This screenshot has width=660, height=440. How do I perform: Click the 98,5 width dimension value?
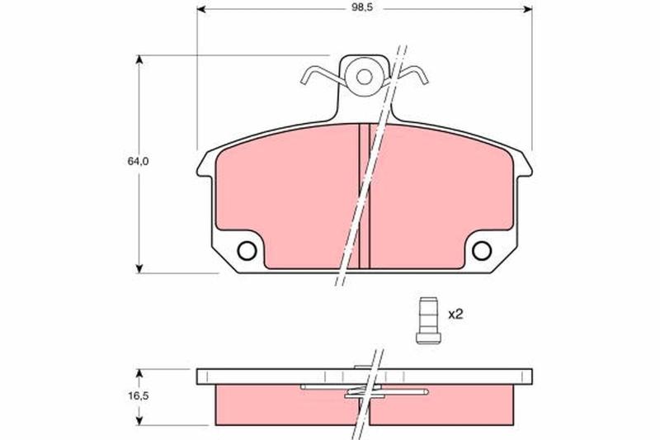(364, 8)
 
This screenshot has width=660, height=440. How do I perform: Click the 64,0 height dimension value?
(138, 161)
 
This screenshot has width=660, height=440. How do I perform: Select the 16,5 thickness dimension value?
(138, 395)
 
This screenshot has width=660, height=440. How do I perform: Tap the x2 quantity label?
(455, 314)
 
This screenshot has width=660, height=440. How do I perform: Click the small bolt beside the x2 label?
(428, 321)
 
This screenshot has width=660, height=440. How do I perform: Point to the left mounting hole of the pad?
(247, 251)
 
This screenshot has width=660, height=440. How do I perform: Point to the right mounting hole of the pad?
(482, 251)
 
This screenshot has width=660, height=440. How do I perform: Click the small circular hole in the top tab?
(364, 77)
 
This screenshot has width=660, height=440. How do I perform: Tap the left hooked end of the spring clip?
(306, 77)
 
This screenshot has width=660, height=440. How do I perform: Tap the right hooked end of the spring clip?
(422, 76)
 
